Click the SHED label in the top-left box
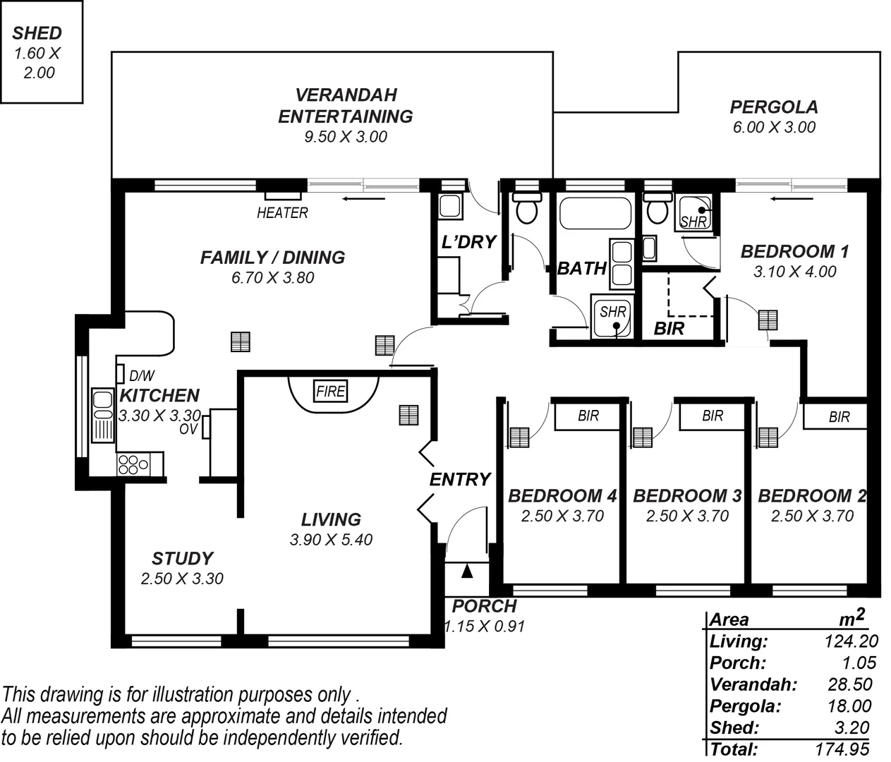point(37,32)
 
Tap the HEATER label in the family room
point(282,212)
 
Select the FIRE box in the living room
point(330,391)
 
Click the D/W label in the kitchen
point(142,377)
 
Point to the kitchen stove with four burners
point(133,464)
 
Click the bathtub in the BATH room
point(595,212)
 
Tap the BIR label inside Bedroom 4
point(588,416)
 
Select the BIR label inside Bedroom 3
point(713,416)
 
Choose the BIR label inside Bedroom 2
point(839,417)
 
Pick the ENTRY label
point(460,480)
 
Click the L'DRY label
point(468,242)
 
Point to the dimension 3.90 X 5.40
point(331,540)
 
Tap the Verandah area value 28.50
point(849,684)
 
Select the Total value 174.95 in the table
point(842,749)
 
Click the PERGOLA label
point(773,107)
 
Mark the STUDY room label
point(182,559)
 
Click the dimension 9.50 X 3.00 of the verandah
point(346,137)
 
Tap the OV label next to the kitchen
point(188,428)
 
